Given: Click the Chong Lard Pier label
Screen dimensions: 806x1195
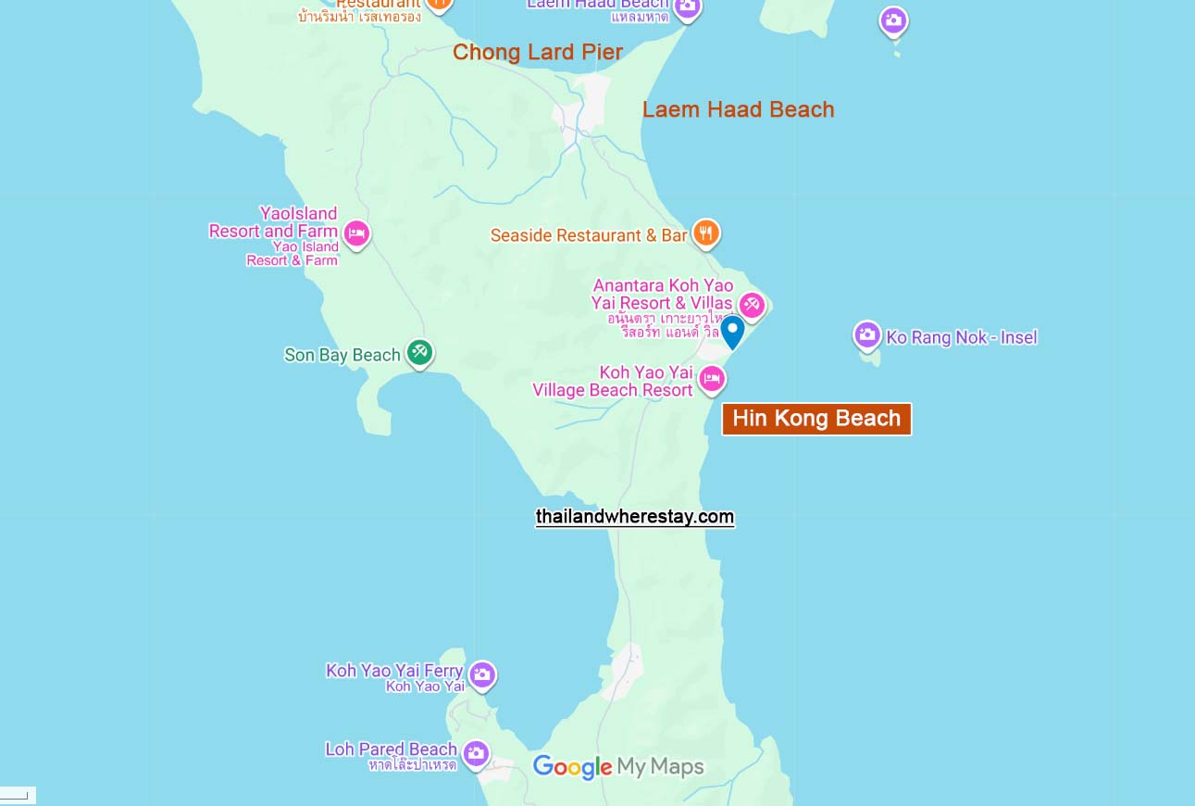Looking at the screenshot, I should click(x=537, y=53).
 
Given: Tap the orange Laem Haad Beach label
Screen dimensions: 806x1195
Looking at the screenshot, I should click(x=738, y=109).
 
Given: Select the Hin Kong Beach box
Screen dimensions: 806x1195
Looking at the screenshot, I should click(x=816, y=419).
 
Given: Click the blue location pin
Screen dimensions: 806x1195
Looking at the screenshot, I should click(x=732, y=331).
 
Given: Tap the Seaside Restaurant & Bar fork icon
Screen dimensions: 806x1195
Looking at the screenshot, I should click(x=706, y=233).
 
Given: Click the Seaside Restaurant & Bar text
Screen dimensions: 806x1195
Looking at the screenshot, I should click(x=589, y=235).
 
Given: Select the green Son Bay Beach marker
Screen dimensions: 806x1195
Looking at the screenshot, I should click(x=419, y=352).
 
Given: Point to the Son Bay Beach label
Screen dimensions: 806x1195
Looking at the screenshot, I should click(x=342, y=355).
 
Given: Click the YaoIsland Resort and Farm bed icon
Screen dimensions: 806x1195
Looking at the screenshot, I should click(x=356, y=233).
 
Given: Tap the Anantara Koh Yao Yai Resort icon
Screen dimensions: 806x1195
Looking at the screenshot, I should click(x=752, y=305).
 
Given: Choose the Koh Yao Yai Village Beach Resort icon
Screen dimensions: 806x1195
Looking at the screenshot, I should click(x=711, y=378).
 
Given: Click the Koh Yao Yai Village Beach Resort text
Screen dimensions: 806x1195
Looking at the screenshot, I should click(x=613, y=382).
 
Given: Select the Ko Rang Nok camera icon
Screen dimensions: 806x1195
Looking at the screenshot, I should click(x=867, y=335).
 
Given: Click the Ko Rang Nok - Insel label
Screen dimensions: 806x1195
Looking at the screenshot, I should click(x=962, y=337).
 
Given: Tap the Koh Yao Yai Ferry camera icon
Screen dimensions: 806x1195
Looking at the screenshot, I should click(x=481, y=674).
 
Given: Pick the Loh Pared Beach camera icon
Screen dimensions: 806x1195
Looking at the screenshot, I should click(x=476, y=753).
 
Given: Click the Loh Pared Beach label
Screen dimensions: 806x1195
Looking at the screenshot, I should click(x=391, y=749).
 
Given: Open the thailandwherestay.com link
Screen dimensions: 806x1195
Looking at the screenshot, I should click(x=635, y=517).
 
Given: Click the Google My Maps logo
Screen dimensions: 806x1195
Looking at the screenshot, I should click(x=618, y=767).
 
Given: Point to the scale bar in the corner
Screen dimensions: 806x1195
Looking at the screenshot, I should click(x=16, y=795).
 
